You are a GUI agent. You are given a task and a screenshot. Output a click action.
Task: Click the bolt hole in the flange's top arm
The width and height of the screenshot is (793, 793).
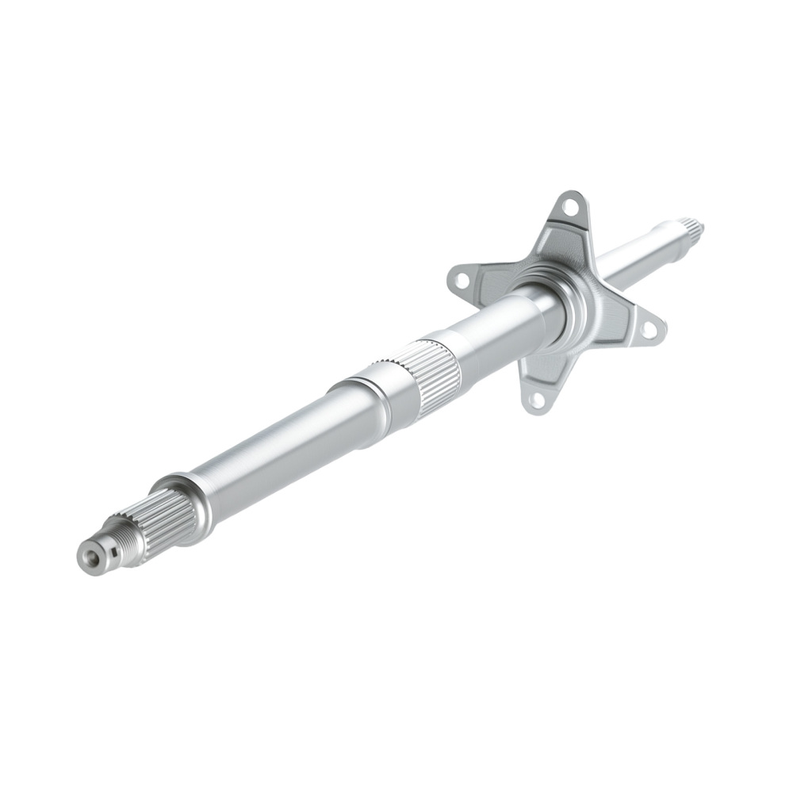pyautogui.click(x=569, y=208)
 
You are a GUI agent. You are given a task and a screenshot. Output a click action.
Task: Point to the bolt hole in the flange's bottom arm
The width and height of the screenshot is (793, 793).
pyautogui.click(x=537, y=400)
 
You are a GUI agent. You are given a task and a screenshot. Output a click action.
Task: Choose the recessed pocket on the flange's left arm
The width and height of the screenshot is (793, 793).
pyautogui.click(x=492, y=279)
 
